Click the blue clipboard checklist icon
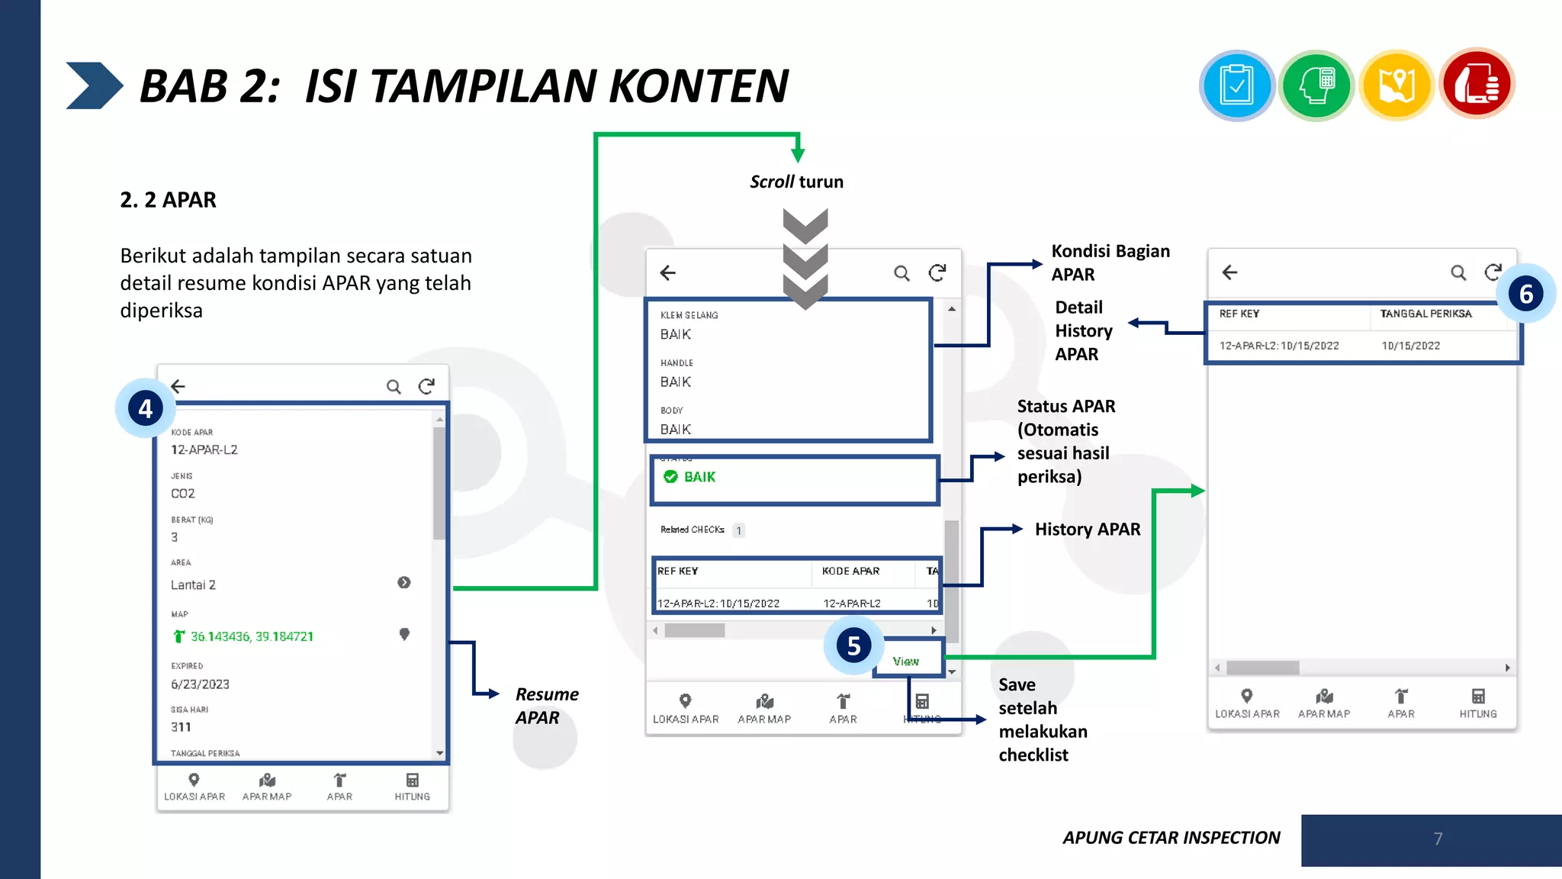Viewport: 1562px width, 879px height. tap(1236, 85)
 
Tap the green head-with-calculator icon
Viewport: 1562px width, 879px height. tap(1316, 85)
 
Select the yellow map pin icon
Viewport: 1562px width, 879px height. tap(1396, 85)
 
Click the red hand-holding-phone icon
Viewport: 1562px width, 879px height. tap(1477, 84)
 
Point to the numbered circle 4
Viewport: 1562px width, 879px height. tap(146, 408)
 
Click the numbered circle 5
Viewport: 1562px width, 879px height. tap(853, 646)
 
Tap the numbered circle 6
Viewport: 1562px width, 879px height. tap(1525, 294)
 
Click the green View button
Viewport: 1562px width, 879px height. tap(906, 661)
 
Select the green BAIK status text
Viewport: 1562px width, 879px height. tap(699, 477)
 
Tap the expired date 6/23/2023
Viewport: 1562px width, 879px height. tap(200, 684)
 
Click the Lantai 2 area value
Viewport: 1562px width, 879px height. tap(193, 584)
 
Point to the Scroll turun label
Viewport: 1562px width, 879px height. tap(796, 182)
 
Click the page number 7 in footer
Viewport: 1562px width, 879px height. tap(1438, 839)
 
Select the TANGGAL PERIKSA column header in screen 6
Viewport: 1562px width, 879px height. tap(1425, 314)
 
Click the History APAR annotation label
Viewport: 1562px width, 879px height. tap(1088, 530)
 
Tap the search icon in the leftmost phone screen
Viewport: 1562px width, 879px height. tap(394, 387)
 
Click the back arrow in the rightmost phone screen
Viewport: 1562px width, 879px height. tap(1229, 272)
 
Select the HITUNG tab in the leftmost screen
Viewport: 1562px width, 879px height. tap(412, 786)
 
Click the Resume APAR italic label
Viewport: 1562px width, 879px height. tap(546, 706)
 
